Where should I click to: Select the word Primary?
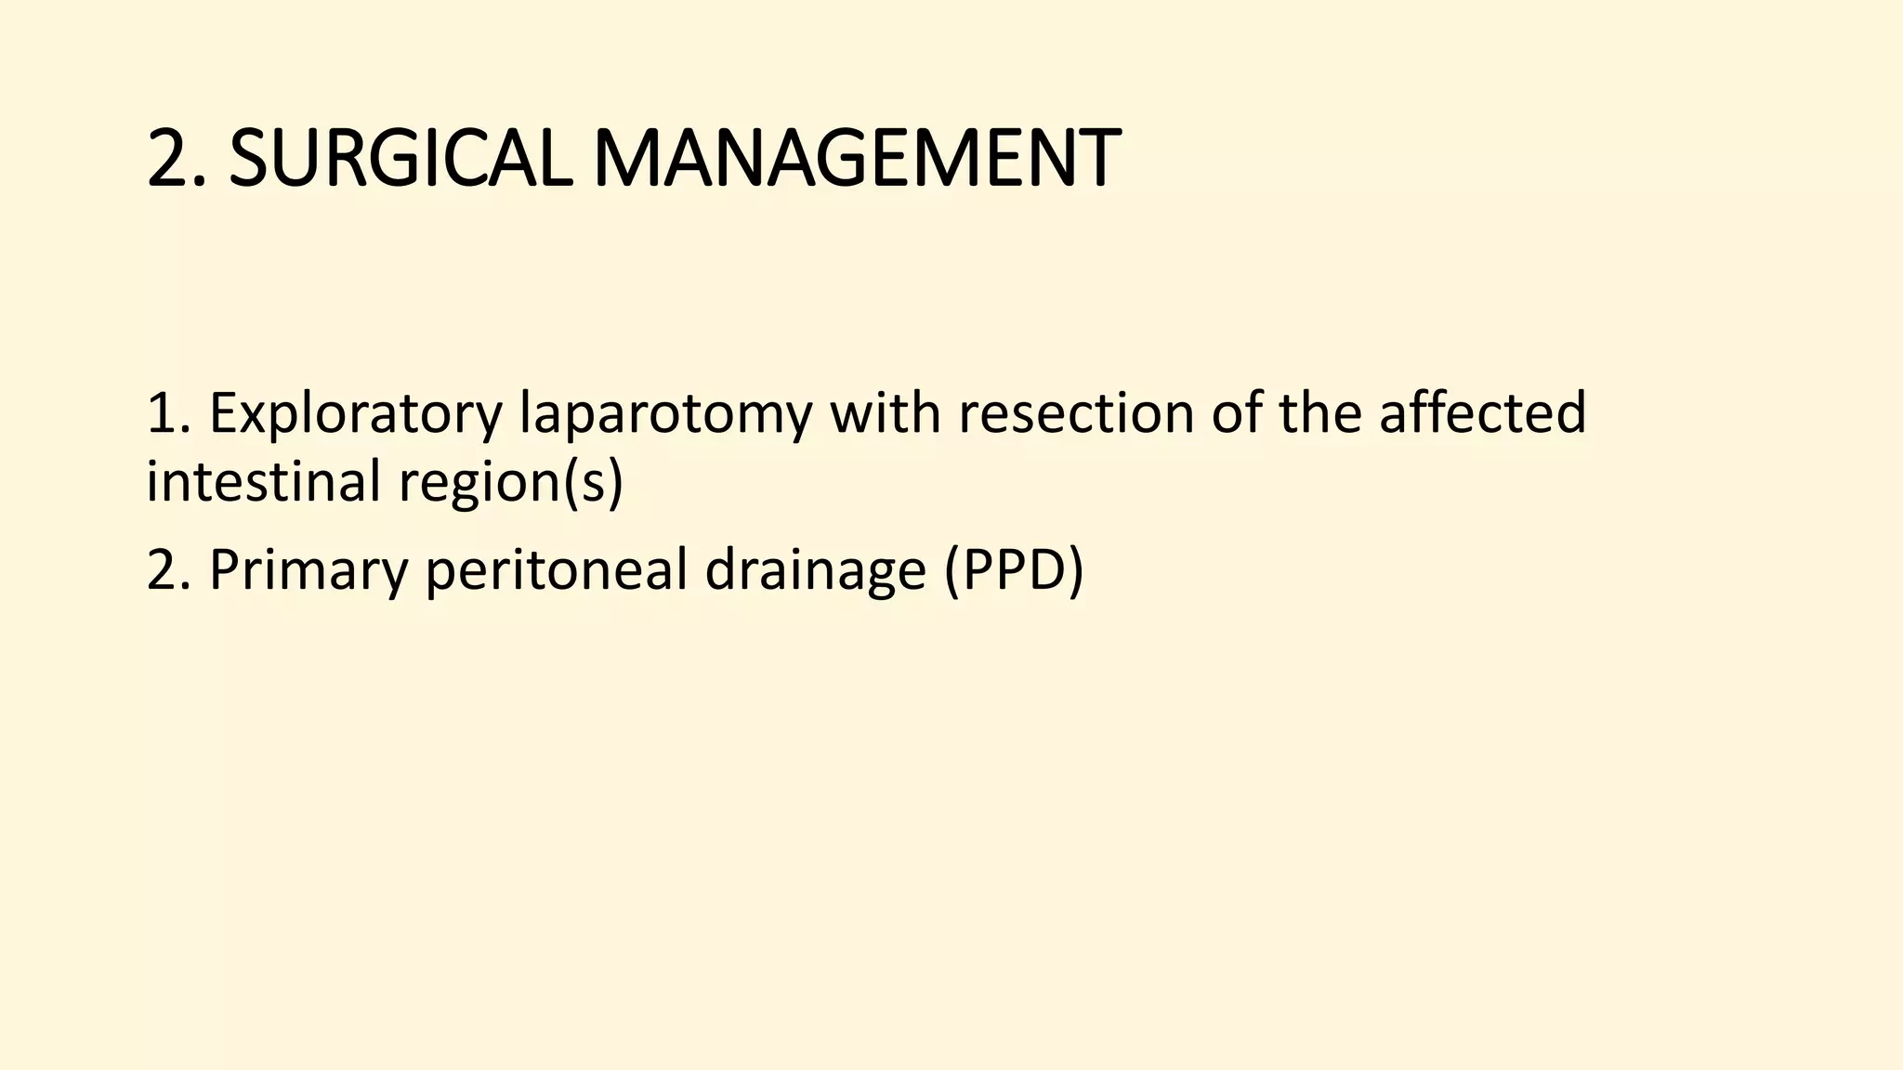point(308,570)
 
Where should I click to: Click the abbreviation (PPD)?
point(1014,570)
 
